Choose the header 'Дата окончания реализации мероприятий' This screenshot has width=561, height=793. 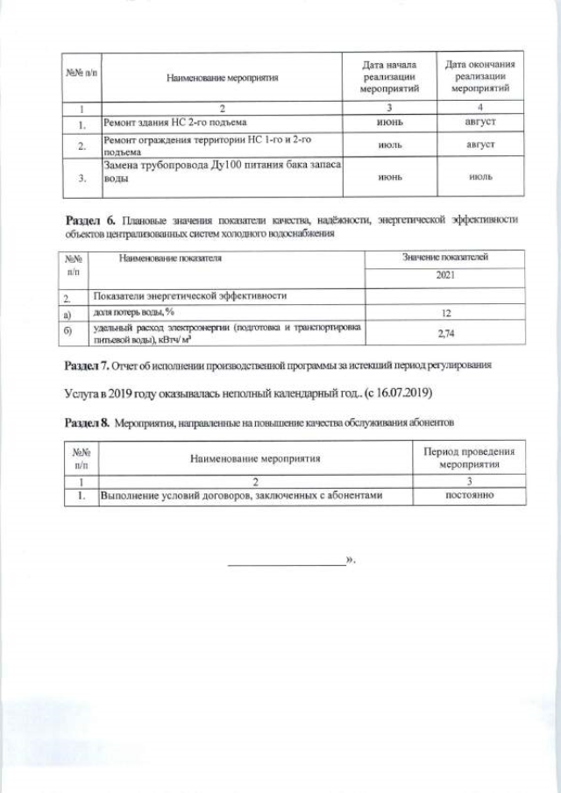[x=480, y=77]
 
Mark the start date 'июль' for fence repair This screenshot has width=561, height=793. [x=389, y=145]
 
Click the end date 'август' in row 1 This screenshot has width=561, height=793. [x=480, y=124]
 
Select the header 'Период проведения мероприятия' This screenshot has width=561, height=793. [x=469, y=457]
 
